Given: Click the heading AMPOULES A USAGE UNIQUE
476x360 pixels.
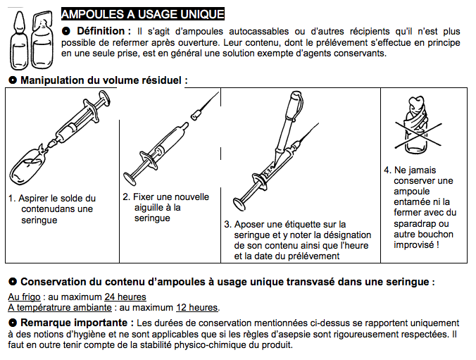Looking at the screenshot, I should [143, 13].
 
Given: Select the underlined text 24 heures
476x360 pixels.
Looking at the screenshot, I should [125, 297].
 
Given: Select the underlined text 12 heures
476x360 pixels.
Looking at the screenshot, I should [198, 307].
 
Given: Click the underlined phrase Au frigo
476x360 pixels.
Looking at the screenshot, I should [23, 297].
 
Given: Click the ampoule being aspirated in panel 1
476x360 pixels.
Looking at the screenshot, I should [29, 163].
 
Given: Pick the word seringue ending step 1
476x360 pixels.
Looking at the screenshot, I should [39, 220].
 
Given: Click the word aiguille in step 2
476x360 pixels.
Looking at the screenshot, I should [151, 208].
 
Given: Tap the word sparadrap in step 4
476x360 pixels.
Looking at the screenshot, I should [419, 223].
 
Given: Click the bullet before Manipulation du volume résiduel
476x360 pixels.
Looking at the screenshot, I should [12, 80].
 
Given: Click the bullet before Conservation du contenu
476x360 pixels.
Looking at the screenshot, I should [12, 282].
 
